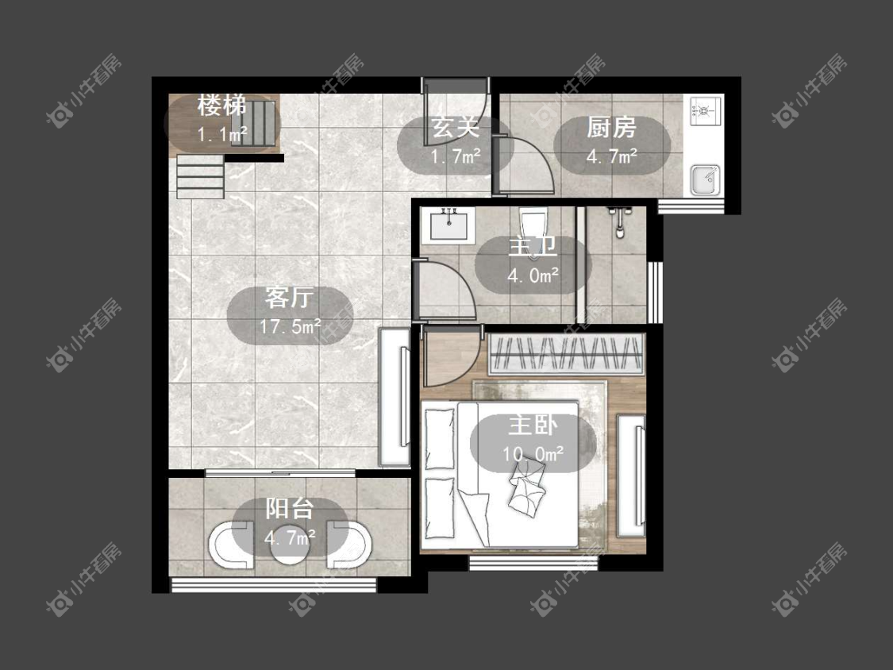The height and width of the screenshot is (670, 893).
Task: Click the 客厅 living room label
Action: click(289, 298)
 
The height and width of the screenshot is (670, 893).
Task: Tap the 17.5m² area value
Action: click(290, 326)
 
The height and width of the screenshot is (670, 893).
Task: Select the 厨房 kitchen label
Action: click(612, 128)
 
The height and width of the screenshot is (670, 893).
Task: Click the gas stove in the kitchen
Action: click(705, 110)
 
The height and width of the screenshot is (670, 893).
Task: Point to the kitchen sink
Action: click(705, 179)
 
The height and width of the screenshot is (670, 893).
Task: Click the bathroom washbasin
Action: click(448, 225)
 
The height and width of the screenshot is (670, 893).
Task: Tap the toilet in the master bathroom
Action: click(533, 228)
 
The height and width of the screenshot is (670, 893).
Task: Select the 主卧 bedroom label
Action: click(533, 425)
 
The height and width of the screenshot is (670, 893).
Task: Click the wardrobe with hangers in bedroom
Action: click(566, 354)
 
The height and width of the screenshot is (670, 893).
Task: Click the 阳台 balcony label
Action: click(289, 508)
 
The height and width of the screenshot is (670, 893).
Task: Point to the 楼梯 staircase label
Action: click(222, 105)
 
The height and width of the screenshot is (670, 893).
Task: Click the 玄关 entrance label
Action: click(456, 128)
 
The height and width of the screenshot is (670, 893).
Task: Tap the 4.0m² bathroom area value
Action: click(533, 275)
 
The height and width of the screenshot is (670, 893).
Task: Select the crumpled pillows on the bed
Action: click(527, 484)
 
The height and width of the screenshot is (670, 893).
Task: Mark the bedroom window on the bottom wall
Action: click(533, 563)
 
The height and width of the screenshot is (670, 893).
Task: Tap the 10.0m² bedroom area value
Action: click(533, 454)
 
